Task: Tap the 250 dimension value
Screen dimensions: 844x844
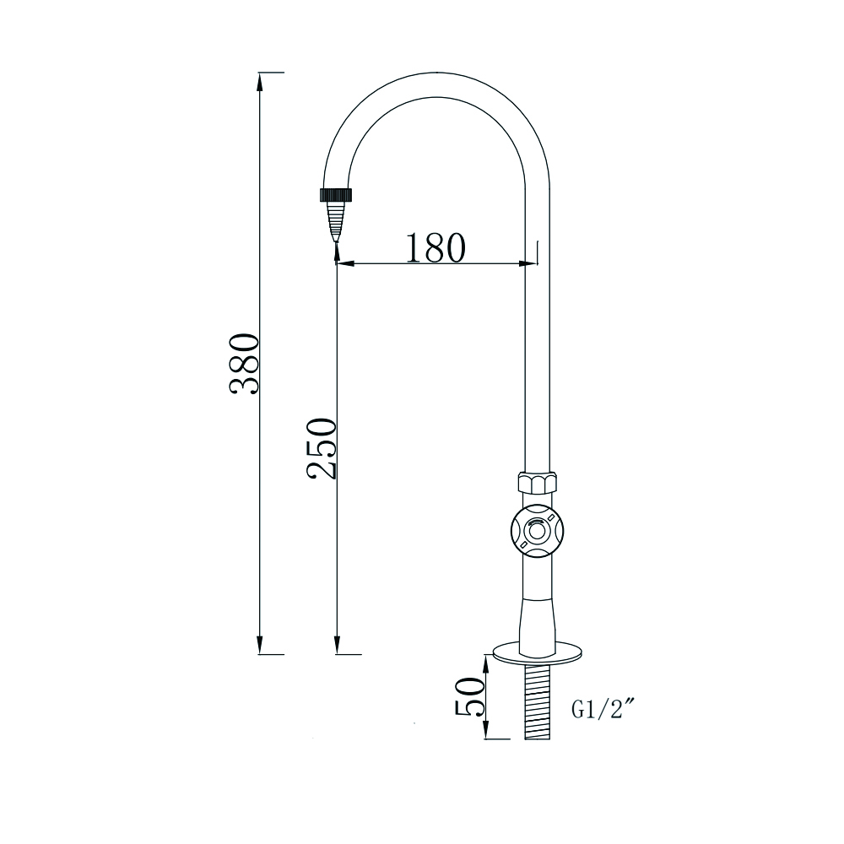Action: point(322,448)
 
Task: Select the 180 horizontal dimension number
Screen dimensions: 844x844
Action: point(435,247)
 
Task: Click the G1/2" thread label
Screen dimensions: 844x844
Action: point(603,710)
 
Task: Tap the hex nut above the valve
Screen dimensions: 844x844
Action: point(537,484)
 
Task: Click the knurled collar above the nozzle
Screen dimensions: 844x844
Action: point(336,194)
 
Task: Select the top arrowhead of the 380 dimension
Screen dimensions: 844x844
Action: point(260,78)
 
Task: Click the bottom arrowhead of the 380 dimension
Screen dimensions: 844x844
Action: point(260,647)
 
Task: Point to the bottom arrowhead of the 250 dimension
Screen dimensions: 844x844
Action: point(337,647)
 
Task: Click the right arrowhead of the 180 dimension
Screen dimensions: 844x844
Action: point(529,264)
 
